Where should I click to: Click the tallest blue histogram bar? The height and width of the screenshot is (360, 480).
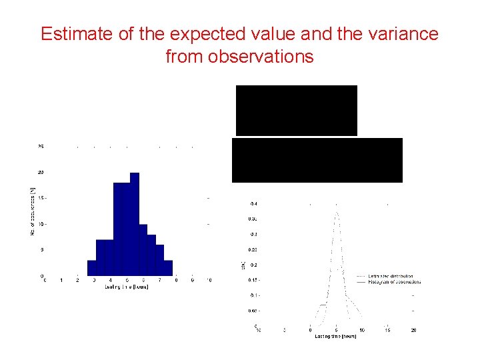(135, 224)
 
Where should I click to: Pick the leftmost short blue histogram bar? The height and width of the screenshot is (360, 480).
(91, 268)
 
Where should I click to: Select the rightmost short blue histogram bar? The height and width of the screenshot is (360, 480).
(168, 268)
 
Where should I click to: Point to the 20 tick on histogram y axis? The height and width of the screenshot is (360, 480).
(41, 172)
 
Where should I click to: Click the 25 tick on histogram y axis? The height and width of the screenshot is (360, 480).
(41, 146)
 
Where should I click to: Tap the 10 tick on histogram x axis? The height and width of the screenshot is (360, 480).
(209, 281)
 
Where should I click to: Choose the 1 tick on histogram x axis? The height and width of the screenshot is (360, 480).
(61, 281)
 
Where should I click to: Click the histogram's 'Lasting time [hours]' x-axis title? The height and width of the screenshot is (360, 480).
(126, 287)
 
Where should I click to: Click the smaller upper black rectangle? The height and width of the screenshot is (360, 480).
(296, 110)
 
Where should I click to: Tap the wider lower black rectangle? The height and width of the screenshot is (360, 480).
(317, 160)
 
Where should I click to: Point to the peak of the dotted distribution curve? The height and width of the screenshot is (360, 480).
(337, 213)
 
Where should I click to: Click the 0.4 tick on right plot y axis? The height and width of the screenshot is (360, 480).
(253, 203)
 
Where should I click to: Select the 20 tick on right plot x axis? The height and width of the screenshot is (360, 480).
(413, 330)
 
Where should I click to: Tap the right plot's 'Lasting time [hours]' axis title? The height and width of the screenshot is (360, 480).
(335, 336)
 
